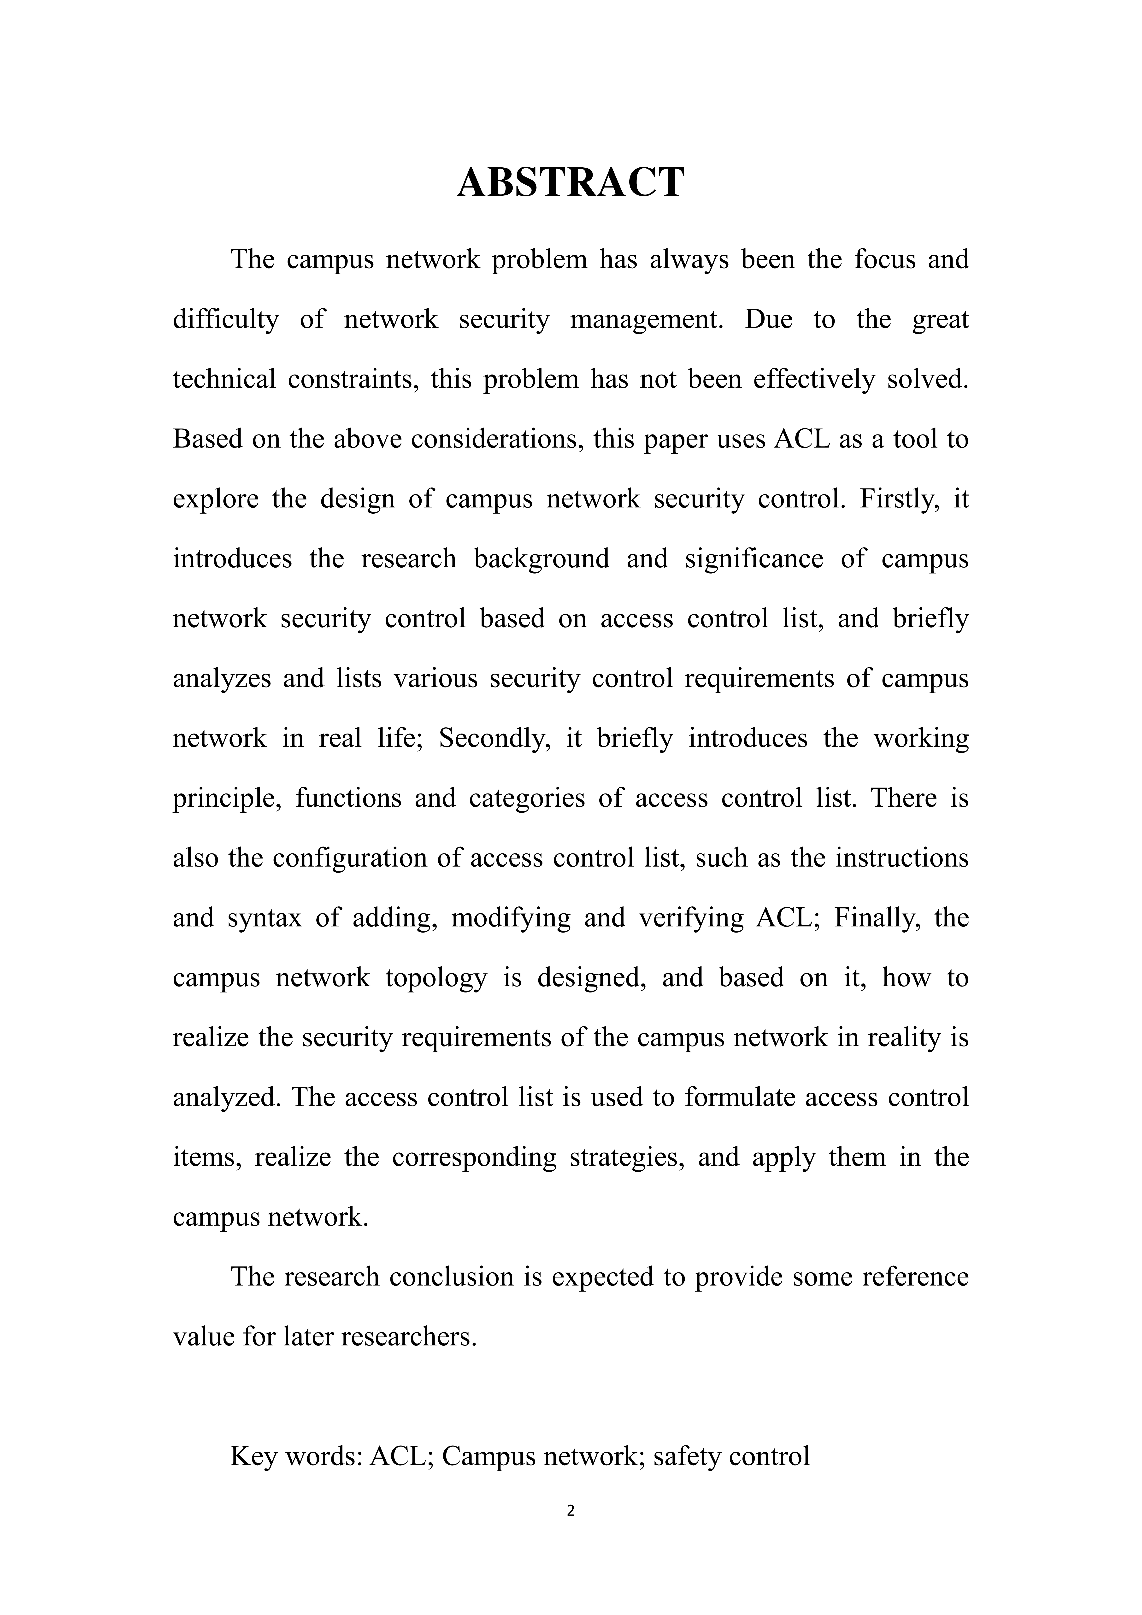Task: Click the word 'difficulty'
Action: pos(226,320)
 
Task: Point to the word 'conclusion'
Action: pos(452,1277)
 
